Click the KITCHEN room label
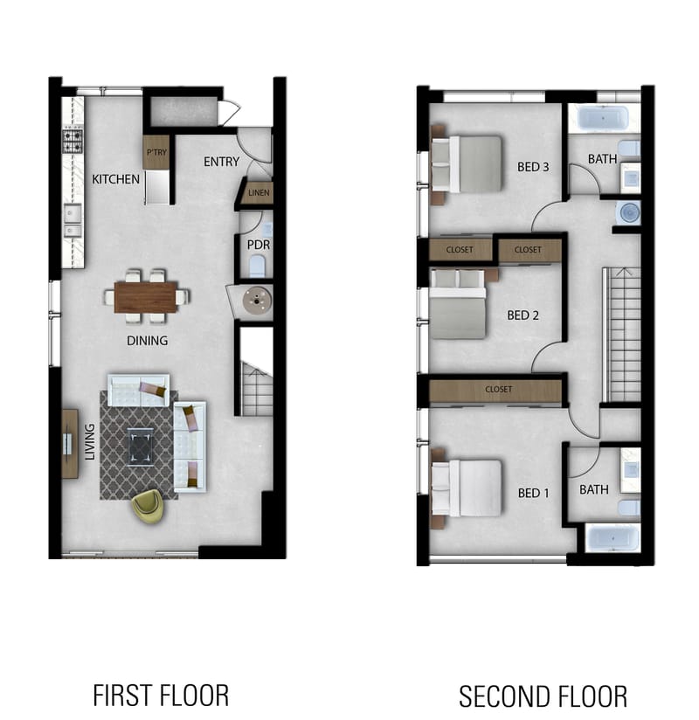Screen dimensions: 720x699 pos(115,179)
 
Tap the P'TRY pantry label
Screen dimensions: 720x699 pos(156,154)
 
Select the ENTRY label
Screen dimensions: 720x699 pos(222,162)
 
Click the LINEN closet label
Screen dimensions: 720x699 pos(259,192)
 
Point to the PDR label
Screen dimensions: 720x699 pos(258,246)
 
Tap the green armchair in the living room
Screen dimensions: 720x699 pos(148,506)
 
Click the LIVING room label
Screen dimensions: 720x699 pos(89,441)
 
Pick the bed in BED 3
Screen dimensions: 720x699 pos(468,163)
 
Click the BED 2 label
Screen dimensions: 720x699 pos(523,315)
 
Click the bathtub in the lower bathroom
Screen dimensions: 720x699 pos(612,537)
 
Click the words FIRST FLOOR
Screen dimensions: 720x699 pos(161,696)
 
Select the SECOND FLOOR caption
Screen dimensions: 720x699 pos(543,696)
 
